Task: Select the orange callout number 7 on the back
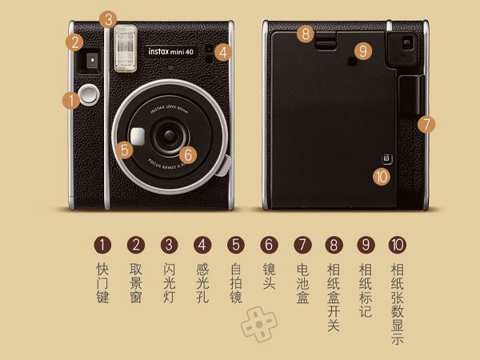coord(426,124)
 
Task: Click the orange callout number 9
coord(363,50)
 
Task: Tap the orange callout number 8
coord(305,34)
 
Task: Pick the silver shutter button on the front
coord(90,94)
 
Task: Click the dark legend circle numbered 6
coord(269,244)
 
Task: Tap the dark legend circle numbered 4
coord(202,244)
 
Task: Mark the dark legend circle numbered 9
coord(366,244)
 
